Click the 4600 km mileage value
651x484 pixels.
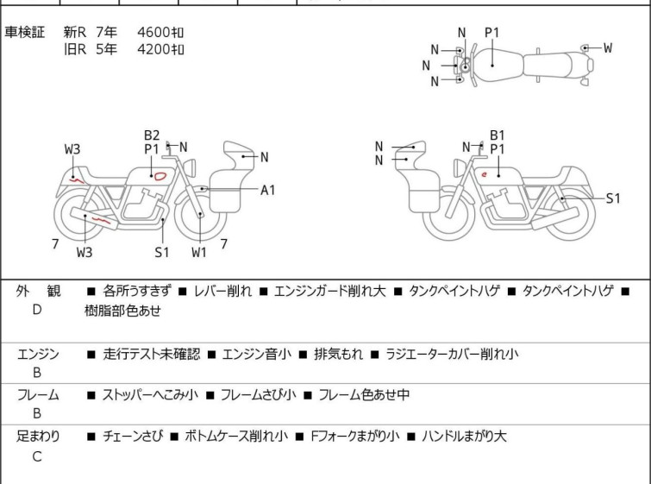(160, 32)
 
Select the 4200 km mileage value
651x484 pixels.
(160, 49)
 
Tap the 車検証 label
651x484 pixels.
(24, 32)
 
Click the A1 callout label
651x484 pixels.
(268, 190)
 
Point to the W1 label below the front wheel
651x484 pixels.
(199, 252)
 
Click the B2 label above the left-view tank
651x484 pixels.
(152, 135)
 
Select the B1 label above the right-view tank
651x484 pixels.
(497, 135)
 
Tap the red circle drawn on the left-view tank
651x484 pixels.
(160, 176)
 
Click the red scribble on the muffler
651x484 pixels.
(101, 220)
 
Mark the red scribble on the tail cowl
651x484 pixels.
(77, 180)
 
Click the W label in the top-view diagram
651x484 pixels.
(608, 47)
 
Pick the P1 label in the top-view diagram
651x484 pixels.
(492, 33)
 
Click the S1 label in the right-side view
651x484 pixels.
(613, 198)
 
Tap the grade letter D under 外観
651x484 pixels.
(37, 310)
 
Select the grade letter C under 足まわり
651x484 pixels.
(37, 456)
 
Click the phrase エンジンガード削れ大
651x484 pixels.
(330, 291)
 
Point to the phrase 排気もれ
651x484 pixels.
(338, 354)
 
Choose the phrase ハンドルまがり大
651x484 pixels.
(464, 437)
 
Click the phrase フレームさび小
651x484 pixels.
(258, 394)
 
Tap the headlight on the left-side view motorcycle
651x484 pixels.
(190, 168)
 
